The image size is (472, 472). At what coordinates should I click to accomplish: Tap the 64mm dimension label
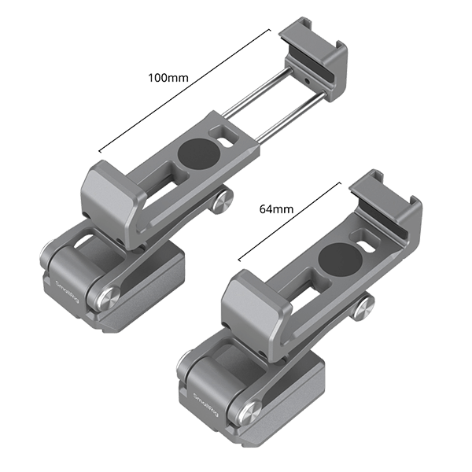coord(276,210)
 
